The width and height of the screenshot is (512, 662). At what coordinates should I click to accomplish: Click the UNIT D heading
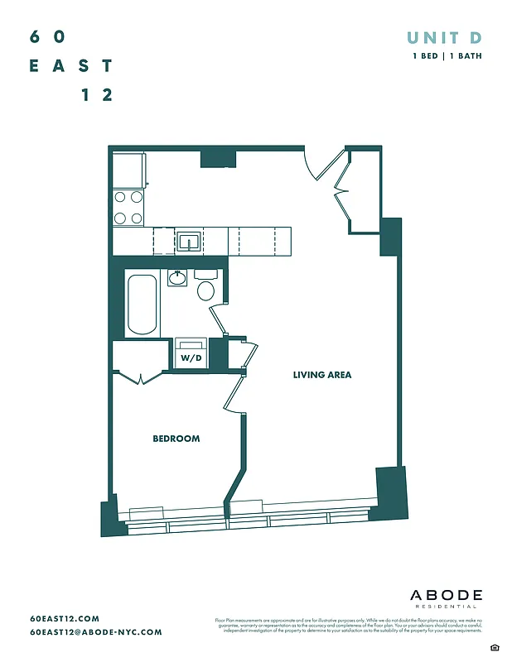tap(443, 37)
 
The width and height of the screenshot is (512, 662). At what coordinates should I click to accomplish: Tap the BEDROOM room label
tap(176, 439)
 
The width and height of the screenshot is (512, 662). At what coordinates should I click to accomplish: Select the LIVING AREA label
tap(321, 375)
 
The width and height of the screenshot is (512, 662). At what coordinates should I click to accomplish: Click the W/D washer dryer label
tap(191, 357)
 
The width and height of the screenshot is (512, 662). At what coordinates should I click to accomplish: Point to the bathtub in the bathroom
tap(141, 304)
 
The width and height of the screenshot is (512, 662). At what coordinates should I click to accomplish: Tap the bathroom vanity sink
tap(177, 278)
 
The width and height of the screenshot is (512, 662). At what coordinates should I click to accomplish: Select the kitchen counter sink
tap(190, 242)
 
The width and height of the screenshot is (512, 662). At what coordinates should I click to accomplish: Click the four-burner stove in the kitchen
tap(128, 208)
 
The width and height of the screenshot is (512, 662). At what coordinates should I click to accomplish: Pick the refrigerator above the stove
tap(129, 170)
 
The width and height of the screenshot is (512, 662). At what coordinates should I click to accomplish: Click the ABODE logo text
tap(446, 595)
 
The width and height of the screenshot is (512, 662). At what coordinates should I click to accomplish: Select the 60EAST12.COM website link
tap(64, 618)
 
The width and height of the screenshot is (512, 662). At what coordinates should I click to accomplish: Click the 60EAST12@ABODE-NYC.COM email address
tap(95, 632)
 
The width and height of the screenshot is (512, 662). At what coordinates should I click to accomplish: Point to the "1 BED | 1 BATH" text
tap(447, 56)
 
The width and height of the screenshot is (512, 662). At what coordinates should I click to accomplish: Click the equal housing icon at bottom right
tap(494, 646)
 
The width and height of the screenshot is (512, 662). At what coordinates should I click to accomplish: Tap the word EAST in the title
tap(70, 65)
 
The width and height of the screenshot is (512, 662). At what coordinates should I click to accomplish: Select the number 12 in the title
tap(97, 94)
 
